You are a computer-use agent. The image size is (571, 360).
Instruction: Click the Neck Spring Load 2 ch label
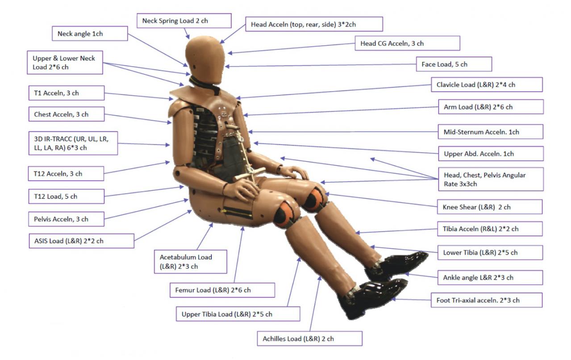coord(184,21)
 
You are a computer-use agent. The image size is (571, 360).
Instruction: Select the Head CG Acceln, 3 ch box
coord(409,43)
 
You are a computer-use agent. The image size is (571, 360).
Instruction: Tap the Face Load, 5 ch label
coord(454,64)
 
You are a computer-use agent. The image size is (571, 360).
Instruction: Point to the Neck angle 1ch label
coord(92,33)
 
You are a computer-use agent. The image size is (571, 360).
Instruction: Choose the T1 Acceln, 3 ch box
coord(66,93)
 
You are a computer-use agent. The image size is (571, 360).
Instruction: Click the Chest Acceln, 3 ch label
coord(66,114)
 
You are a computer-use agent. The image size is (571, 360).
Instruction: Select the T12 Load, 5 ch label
coord(66,196)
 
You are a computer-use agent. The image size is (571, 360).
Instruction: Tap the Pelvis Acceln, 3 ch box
coord(66,219)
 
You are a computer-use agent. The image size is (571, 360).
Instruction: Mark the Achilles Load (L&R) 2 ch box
coord(309,339)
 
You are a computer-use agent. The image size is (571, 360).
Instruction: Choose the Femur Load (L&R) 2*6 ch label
coord(222,290)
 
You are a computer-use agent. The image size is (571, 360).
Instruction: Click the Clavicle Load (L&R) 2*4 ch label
coord(486,84)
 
